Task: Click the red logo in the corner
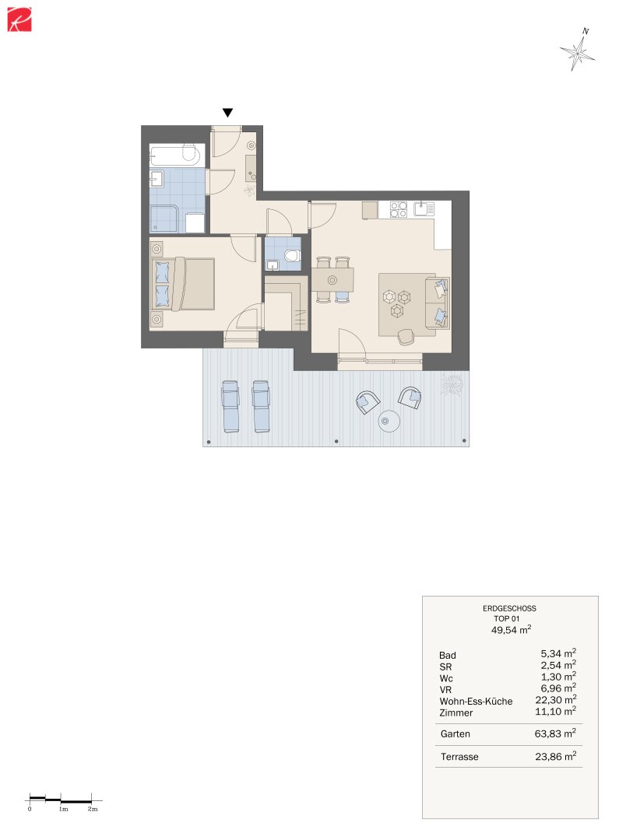(19, 19)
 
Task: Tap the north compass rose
(578, 51)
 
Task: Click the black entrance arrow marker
(227, 113)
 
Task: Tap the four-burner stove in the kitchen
(398, 209)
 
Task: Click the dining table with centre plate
(332, 280)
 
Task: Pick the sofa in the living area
(438, 302)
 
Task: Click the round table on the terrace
(389, 421)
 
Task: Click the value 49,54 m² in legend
(512, 629)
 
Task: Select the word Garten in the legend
(455, 734)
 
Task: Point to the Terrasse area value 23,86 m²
(555, 756)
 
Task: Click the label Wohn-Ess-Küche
(476, 702)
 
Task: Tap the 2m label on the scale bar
(93, 809)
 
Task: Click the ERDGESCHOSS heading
(509, 608)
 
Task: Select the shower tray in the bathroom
(163, 219)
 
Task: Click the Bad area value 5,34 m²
(558, 653)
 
